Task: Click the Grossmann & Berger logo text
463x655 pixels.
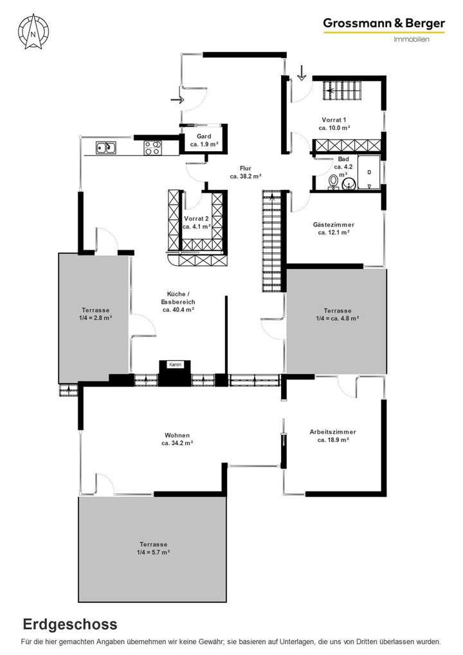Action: click(x=384, y=24)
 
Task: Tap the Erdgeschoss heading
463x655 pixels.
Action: click(x=70, y=623)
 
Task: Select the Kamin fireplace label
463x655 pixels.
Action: click(x=176, y=365)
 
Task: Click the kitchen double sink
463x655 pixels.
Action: click(x=106, y=148)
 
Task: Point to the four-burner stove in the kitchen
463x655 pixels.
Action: click(x=152, y=148)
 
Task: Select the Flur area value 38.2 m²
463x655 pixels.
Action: click(x=246, y=176)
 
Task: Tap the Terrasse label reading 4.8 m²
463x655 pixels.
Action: click(x=337, y=313)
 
